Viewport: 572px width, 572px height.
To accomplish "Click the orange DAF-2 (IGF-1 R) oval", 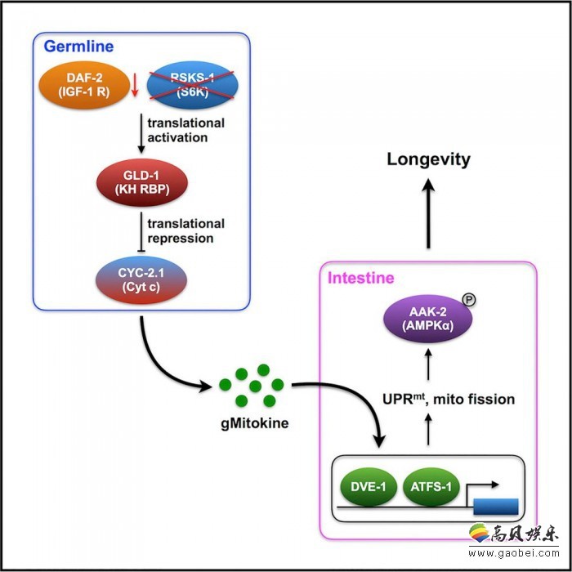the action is point(84,85).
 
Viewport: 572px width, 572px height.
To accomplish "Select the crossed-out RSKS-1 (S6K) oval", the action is point(193,85).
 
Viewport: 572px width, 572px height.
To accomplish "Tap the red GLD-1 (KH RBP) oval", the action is point(142,182).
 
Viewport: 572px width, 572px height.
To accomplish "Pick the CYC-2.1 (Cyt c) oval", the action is point(141,279).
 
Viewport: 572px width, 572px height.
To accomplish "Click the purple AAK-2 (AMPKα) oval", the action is point(428,318).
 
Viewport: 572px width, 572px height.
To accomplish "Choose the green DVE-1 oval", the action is point(368,487).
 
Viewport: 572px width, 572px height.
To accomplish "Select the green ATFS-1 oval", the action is point(431,487).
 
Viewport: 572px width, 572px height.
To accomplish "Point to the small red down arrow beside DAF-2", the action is point(135,85).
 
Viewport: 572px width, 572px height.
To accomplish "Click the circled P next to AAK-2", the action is point(469,300).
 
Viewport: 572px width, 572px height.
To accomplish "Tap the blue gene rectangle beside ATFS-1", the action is point(496,507).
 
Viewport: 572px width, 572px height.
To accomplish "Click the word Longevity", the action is point(429,159).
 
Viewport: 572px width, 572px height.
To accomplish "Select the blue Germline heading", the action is point(78,47).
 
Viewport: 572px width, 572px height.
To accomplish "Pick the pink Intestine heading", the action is point(361,278).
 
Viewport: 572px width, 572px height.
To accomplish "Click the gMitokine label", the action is point(255,423).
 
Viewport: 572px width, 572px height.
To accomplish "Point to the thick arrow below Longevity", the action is point(428,213).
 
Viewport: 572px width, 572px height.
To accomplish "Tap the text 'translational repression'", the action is point(185,231).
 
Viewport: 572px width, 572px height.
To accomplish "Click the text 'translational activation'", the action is point(185,130).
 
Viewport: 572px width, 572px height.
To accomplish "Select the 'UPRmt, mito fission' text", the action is point(449,399).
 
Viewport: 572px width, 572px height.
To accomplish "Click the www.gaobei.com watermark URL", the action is point(514,553).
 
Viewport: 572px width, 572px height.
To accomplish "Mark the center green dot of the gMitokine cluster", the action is point(255,386).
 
